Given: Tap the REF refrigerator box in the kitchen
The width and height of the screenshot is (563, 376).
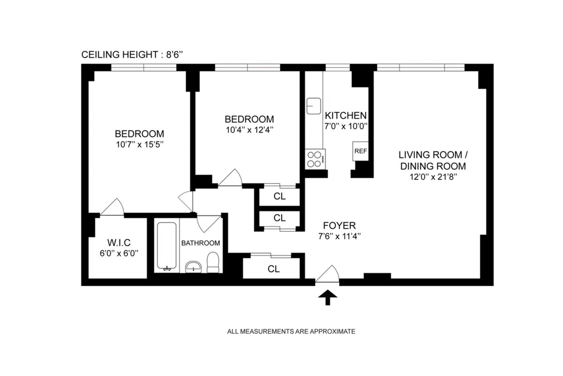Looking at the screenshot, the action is (360, 151).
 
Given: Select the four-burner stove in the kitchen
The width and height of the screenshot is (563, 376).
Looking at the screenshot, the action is (315, 159).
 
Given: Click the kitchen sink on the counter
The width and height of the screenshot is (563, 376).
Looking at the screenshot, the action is (314, 106).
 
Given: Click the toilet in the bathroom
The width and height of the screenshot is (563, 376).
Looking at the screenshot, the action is (213, 262).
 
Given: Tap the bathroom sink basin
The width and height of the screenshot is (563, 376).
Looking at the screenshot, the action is (193, 267).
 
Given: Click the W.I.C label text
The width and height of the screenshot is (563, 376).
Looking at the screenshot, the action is (119, 243).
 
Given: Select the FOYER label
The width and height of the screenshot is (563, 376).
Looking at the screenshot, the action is (339, 225).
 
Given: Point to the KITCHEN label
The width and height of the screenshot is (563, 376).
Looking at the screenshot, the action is (346, 115).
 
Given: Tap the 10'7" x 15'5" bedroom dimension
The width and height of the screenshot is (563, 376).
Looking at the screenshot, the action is (139, 144).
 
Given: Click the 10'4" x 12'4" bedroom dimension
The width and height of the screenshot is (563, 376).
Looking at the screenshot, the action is (250, 130).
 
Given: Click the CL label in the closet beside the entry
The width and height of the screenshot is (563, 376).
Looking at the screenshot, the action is (274, 269).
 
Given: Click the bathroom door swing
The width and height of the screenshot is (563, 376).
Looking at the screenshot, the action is (208, 224).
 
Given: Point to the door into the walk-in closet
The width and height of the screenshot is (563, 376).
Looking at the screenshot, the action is (112, 207).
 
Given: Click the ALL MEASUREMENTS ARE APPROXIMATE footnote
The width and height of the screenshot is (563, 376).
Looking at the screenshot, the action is (291, 331).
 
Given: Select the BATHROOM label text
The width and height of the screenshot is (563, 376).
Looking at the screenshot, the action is (201, 243).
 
